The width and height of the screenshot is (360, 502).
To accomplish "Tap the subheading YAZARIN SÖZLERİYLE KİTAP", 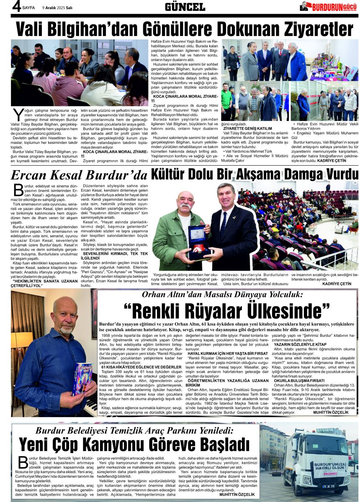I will [x=299, y=344].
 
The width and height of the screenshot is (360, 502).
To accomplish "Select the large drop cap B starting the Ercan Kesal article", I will [x=18, y=190].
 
